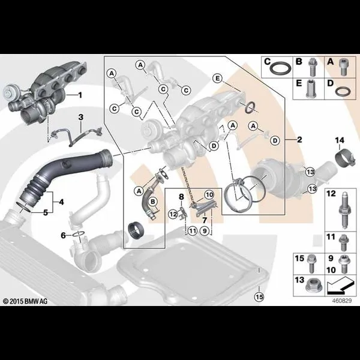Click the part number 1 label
pos(80,95)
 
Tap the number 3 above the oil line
pos(81,118)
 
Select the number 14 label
pos(340,140)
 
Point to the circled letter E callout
pos(217,79)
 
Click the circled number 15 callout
pos(259,297)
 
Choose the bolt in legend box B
pos(312,67)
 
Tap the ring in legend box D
pos(343,91)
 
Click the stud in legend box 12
pos(343,211)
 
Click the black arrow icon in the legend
pos(340,286)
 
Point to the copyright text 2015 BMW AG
pos(25,301)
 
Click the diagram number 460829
pos(342,301)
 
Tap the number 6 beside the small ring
pos(64,235)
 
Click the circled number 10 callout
pos(209,195)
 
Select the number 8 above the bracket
pos(181,197)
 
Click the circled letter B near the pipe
pos(153,202)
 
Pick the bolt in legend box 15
pos(311,263)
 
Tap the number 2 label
pos(299,140)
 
